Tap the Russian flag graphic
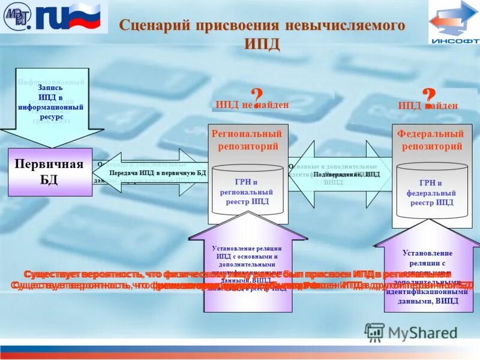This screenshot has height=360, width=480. [88, 16]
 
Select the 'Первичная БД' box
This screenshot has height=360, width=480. [50, 172]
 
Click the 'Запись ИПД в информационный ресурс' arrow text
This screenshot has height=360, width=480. [51, 102]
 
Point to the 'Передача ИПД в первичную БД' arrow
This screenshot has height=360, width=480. [157, 173]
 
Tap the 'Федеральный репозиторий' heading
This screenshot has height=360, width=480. [431, 140]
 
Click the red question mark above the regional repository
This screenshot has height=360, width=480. [256, 98]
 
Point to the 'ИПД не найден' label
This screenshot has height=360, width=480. [252, 105]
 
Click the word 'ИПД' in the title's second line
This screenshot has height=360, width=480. [262, 44]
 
